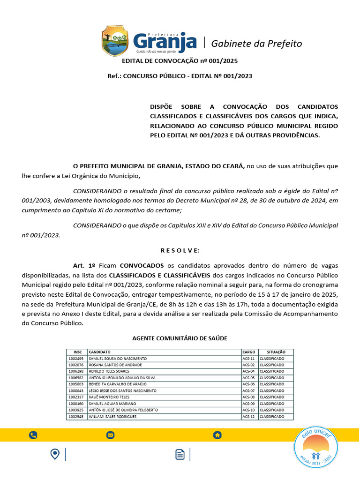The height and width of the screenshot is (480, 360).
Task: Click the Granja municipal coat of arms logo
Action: point(115,41)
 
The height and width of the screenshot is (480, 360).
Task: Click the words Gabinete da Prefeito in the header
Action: point(256,44)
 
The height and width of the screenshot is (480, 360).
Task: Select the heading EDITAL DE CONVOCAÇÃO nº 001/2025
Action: point(180,61)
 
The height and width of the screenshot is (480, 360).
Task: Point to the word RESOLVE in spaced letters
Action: point(180,250)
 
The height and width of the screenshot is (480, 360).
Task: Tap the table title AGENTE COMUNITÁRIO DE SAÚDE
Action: point(180,338)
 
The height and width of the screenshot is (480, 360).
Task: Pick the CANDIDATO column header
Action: point(100,352)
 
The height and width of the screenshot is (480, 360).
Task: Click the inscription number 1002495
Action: point(76,358)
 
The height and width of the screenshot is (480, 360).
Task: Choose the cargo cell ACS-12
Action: point(248,417)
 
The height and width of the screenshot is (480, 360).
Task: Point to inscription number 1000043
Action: point(76,390)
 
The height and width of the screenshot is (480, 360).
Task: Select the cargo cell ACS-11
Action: point(248,358)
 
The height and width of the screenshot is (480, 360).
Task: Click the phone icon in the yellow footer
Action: point(33,435)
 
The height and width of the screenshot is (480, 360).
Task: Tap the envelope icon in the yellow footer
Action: point(111,435)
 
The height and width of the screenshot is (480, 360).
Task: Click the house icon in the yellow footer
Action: point(217,435)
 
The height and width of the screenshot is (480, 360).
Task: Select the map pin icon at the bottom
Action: point(55,454)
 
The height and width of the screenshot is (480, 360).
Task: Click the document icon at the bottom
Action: point(180,454)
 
